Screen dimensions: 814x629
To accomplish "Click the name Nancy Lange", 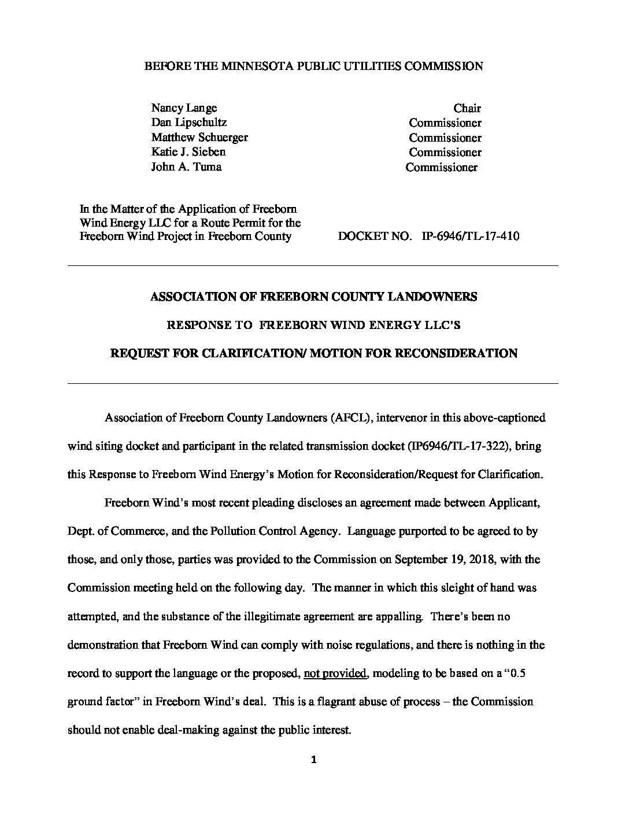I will [x=184, y=108].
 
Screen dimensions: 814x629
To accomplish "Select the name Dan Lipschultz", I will [x=188, y=123].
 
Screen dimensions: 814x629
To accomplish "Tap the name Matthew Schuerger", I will [x=199, y=138].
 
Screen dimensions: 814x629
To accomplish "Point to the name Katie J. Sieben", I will [x=188, y=152].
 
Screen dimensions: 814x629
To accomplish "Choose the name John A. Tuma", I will [x=186, y=167].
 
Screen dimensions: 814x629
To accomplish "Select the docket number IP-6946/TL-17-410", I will [x=471, y=236].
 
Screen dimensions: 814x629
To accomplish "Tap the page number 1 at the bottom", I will [x=314, y=761].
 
